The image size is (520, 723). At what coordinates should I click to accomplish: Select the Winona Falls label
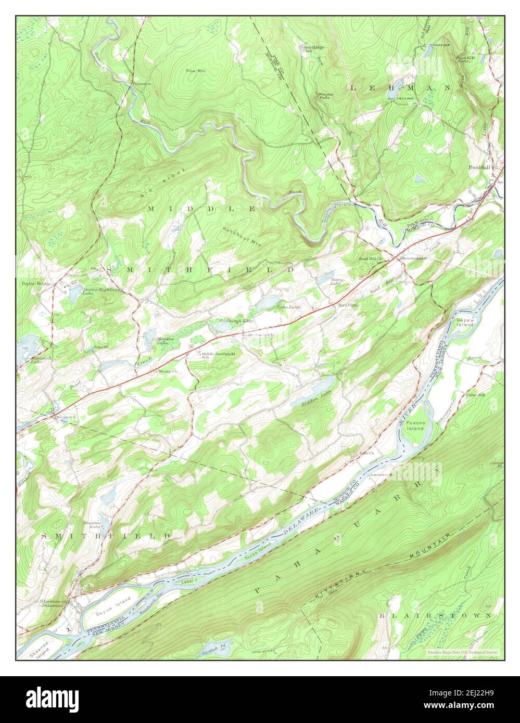point(324,96)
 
